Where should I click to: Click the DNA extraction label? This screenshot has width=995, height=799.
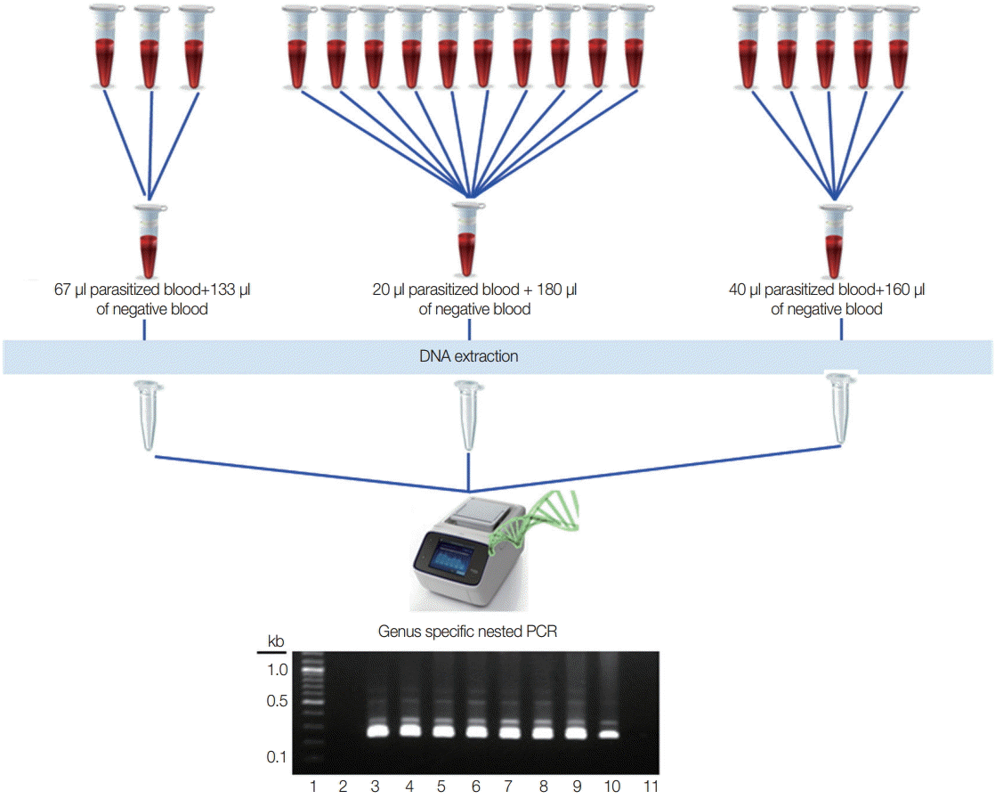(x=469, y=356)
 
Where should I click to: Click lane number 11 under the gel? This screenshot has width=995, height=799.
(x=650, y=787)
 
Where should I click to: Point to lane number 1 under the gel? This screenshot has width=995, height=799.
(x=313, y=787)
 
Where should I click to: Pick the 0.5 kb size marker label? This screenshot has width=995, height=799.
(x=276, y=701)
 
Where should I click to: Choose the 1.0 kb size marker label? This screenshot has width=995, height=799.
(x=276, y=669)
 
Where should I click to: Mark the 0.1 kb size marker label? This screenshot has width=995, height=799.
(x=276, y=758)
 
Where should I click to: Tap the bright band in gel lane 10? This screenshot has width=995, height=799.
(x=608, y=734)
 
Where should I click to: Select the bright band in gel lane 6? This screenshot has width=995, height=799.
(x=478, y=732)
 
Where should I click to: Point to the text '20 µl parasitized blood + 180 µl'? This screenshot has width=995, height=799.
(x=475, y=289)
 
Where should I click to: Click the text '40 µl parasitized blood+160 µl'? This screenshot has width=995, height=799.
(x=827, y=289)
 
